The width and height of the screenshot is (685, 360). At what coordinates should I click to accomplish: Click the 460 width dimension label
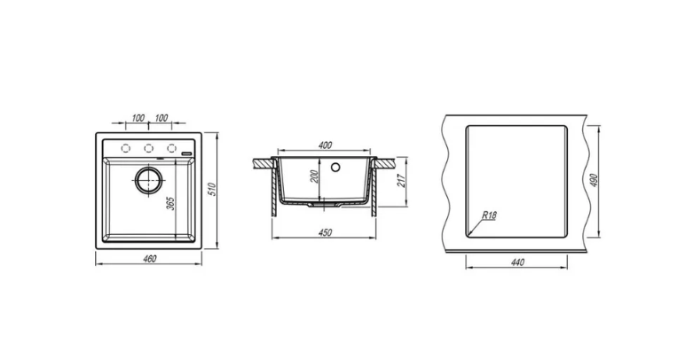pos(149,259)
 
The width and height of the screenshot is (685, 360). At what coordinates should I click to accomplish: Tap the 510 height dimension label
pos(212,190)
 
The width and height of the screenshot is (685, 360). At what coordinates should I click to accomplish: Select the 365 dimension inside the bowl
pos(171,203)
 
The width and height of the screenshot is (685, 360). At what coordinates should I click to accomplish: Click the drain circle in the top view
pos(148,179)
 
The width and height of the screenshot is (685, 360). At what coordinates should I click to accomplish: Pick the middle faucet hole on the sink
pos(148,149)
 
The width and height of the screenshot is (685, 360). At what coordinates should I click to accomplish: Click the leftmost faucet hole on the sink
pos(126,149)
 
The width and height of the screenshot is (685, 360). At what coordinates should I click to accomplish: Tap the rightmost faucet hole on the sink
pos(171,149)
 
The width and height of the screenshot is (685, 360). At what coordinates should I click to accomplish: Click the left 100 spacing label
pos(138,118)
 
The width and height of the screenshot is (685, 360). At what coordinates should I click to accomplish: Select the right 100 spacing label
pos(161,118)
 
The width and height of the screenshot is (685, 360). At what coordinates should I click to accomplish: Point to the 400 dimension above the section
pos(325,145)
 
